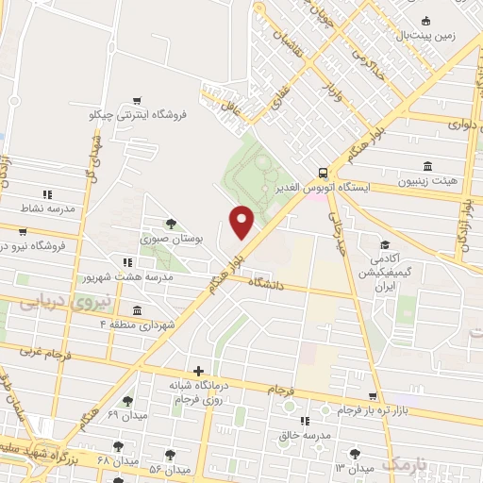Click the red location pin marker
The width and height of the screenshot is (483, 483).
click(x=242, y=222)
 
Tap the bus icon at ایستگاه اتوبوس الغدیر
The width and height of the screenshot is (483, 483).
click(x=324, y=173)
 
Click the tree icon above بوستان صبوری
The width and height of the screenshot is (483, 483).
click(x=171, y=224)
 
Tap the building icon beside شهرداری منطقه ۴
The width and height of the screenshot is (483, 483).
click(x=138, y=310)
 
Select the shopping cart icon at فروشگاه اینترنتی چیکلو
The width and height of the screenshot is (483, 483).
click(x=138, y=101)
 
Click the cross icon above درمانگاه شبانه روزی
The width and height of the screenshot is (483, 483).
click(x=197, y=371)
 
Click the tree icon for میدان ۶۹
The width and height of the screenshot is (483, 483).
click(x=127, y=401)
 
